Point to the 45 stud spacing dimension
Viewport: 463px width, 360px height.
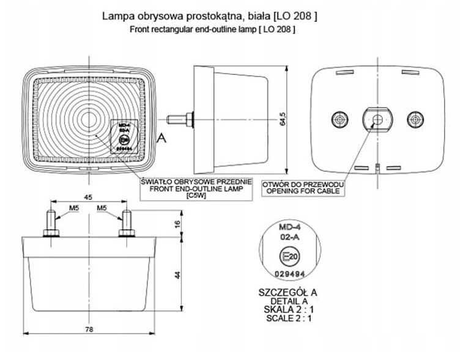(x=87, y=197)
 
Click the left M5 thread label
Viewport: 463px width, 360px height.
(x=73, y=208)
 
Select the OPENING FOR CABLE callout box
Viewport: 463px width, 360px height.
(x=302, y=188)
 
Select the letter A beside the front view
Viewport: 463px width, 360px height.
(x=161, y=139)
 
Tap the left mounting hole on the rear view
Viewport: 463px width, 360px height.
(x=337, y=118)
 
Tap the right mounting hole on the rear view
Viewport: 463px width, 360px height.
(x=416, y=118)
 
